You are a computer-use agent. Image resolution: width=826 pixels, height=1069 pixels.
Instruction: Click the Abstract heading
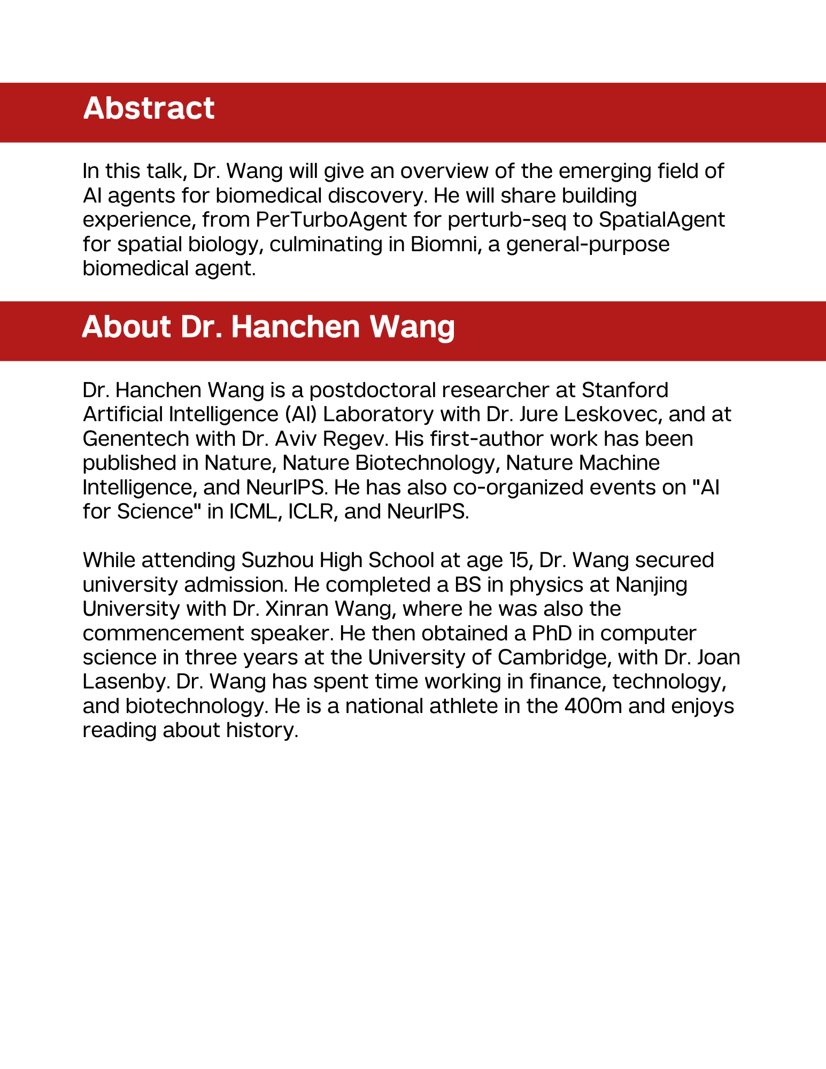pyautogui.click(x=149, y=109)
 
